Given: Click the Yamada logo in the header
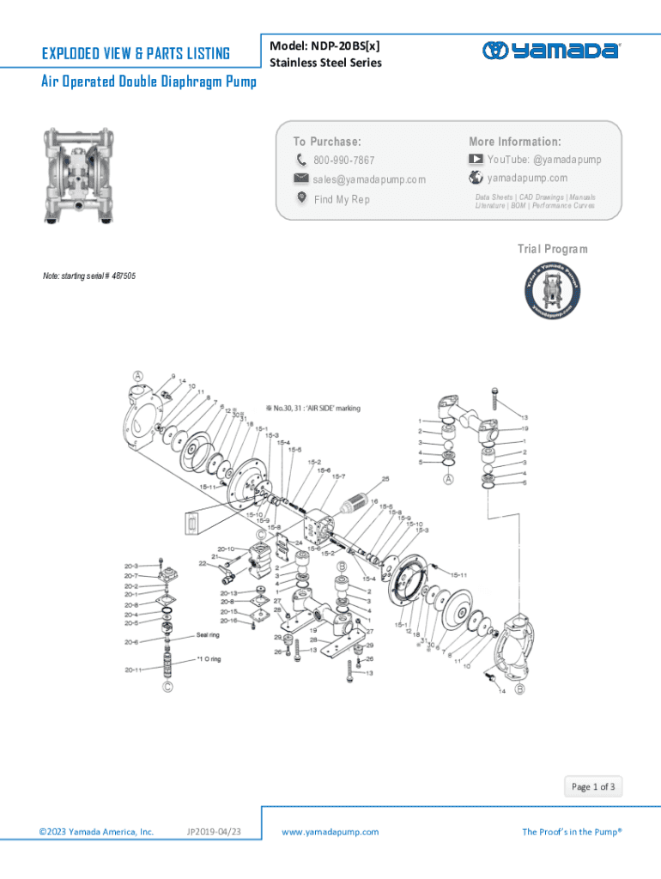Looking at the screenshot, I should click(549, 51).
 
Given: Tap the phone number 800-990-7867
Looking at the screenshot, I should click(343, 161).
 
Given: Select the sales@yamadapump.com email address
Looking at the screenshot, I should click(369, 179).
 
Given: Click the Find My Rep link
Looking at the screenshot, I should click(341, 199).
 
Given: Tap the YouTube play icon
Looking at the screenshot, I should click(476, 160).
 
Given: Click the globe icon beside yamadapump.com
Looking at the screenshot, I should click(476, 179).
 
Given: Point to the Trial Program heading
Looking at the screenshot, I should click(552, 249).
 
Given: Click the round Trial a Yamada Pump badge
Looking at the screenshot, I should click(551, 288).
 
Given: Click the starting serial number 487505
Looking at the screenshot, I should click(120, 276).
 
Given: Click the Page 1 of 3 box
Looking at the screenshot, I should click(593, 786).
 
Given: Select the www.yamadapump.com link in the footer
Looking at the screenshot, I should click(330, 832).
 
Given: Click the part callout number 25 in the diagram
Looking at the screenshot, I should click(386, 479).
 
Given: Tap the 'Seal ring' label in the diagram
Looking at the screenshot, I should click(208, 635).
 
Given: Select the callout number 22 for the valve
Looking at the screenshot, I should click(203, 564).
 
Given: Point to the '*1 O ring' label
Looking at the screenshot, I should click(209, 659).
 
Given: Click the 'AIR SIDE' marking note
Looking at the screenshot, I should click(314, 408).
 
